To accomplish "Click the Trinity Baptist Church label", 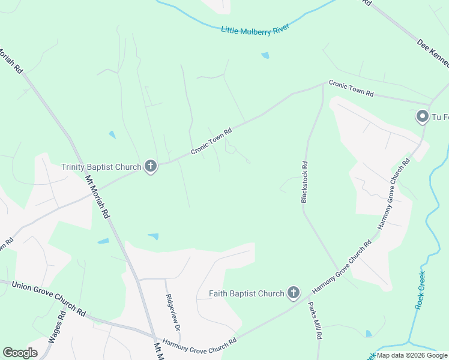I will point(101,167).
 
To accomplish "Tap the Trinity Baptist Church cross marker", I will point(151,167).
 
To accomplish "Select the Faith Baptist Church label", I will point(246,293).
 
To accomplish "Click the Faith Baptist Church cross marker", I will point(293,293).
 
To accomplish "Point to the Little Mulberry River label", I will point(255,29).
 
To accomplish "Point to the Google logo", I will point(20,353).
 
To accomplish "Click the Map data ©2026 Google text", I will point(412,355).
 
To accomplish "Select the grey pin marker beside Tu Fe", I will point(423,116).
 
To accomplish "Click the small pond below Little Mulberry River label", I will point(265,56).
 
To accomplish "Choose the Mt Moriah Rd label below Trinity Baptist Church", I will point(97,196).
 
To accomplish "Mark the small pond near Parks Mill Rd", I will point(369,333).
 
